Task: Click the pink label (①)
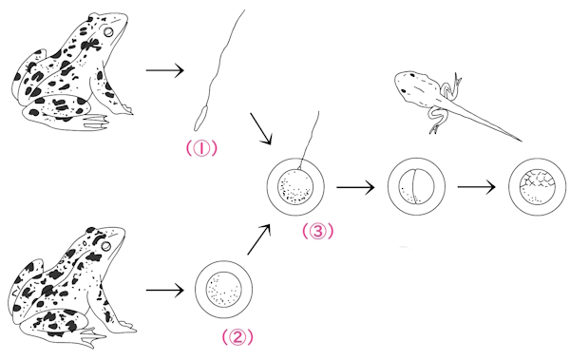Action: click(201, 148)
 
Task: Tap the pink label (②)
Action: click(237, 337)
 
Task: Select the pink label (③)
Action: click(317, 231)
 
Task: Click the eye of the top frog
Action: click(108, 32)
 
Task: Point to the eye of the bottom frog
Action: click(105, 246)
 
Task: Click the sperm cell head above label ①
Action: click(200, 118)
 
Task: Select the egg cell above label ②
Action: click(223, 290)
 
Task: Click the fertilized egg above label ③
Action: click(295, 187)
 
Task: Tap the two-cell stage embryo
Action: click(416, 187)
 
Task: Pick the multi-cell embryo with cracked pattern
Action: click(538, 187)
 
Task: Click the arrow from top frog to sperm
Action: click(165, 70)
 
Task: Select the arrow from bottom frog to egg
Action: click(165, 290)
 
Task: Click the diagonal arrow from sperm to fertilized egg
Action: click(260, 129)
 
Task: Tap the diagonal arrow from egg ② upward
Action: click(258, 239)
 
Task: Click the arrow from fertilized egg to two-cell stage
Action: click(355, 187)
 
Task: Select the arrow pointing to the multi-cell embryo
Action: click(477, 187)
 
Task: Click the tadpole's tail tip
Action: click(522, 141)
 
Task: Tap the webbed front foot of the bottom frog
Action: click(91, 336)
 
